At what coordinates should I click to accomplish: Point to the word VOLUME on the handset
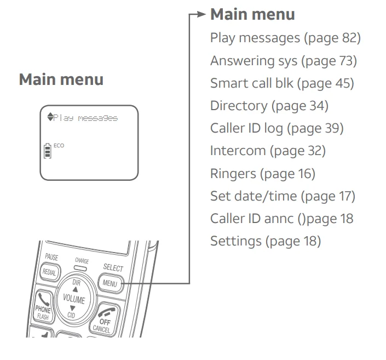[x=73, y=300]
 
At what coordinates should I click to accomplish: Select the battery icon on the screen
[x=48, y=150]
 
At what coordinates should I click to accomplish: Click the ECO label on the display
[x=59, y=146]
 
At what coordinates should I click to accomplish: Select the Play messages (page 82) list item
[x=285, y=38]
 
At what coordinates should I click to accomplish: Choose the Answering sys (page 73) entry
[x=283, y=61]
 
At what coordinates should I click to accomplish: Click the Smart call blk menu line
[x=282, y=83]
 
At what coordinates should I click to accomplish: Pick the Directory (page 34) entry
[x=269, y=106]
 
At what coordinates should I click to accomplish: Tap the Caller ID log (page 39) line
[x=276, y=128]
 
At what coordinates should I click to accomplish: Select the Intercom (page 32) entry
[x=268, y=151]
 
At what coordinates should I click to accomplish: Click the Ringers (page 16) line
[x=263, y=174]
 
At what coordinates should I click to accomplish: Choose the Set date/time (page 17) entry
[x=283, y=196]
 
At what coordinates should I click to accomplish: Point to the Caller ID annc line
[x=281, y=219]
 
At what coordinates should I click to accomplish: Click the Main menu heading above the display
[x=61, y=79]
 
